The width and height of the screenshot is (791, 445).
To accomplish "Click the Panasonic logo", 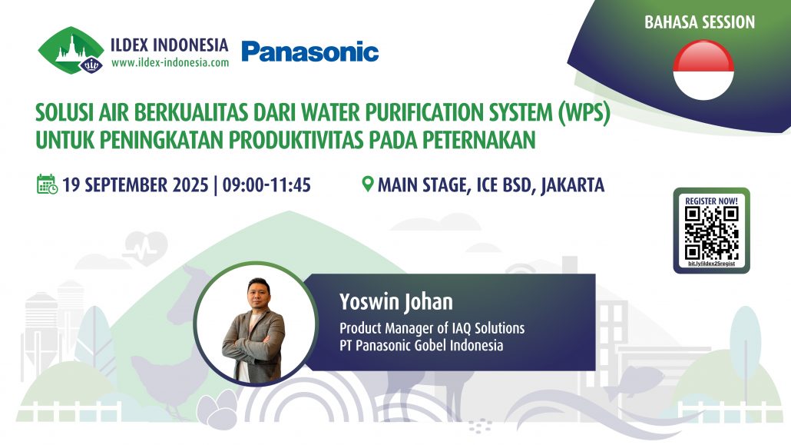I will coord(309,51).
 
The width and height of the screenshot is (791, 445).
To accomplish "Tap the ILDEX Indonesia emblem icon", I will coord(71,51).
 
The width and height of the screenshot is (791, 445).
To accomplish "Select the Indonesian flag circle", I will coord(703,70).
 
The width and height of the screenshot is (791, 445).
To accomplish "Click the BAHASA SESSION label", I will coord(700,22).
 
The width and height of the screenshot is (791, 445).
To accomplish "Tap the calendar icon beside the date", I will coord(47,184).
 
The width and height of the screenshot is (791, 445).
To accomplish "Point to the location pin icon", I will coord(368,184).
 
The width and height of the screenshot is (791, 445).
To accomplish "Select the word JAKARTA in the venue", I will coord(572,185).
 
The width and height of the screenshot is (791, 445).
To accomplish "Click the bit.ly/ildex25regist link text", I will coord(711,264).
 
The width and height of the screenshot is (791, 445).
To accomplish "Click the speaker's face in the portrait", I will coord(252,297).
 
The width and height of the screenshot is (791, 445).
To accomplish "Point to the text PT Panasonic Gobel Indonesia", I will coord(422,345).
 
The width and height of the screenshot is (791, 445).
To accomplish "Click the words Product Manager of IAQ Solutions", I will coord(432,328).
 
